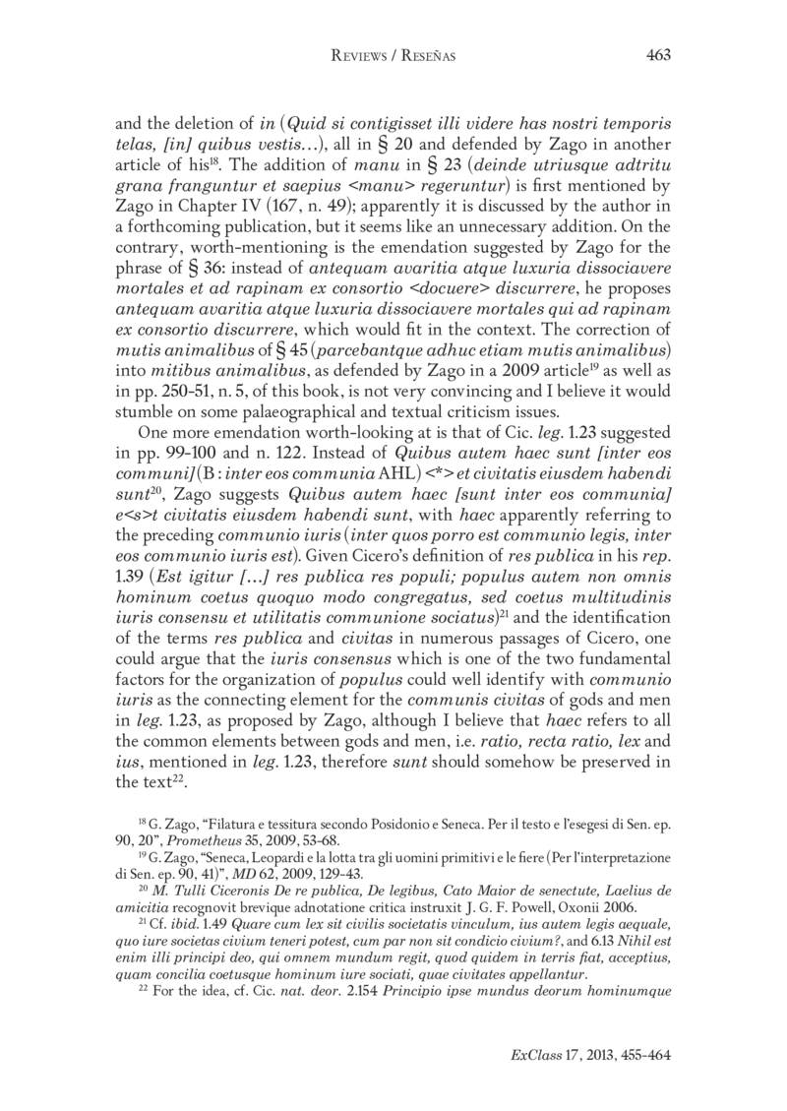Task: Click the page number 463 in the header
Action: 657,56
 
